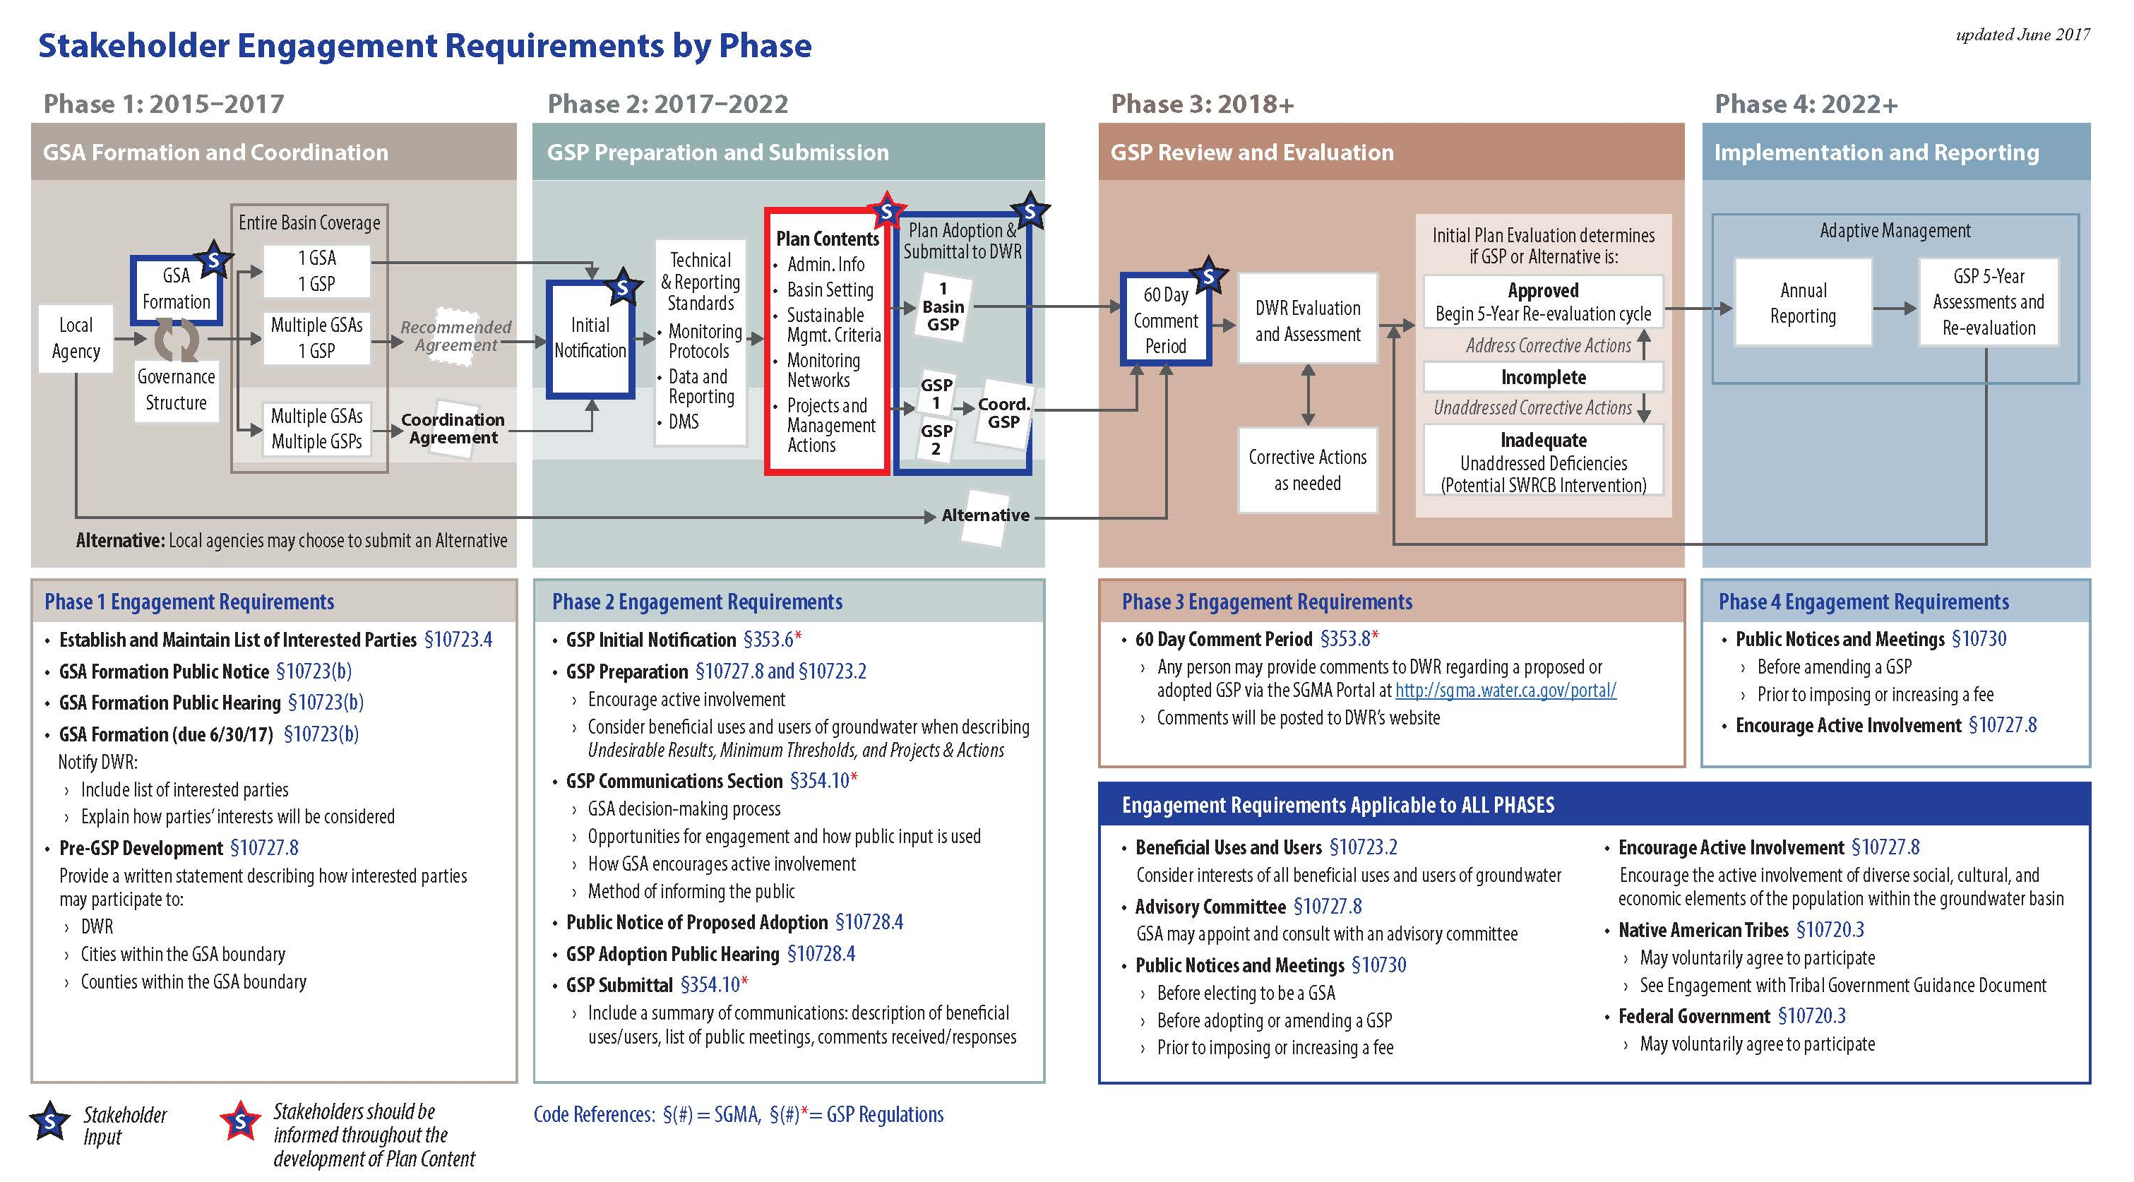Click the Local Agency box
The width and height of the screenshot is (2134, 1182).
pos(76,338)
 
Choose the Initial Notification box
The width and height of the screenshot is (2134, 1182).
pos(590,339)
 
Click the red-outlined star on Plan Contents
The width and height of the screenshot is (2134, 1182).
pos(886,211)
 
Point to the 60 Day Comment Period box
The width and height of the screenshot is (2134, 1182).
pos(1166,320)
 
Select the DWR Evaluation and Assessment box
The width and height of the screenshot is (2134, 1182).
pos(1307,320)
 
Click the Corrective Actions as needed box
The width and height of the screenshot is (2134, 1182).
pos(1307,470)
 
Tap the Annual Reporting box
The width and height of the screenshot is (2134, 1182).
pos(1803,302)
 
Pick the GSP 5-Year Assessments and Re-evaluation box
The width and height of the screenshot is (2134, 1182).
pos(1989,302)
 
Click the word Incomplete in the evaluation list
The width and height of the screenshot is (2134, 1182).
pos(1544,378)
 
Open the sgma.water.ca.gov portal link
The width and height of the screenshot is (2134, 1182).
pos(1506,690)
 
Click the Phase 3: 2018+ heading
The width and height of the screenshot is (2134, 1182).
pos(1202,104)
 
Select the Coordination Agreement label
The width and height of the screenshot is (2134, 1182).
pos(453,428)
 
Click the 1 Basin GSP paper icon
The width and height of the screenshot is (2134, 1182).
pos(943,307)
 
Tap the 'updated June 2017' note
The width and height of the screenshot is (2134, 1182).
pos(2022,35)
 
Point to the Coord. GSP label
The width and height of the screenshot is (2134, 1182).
pos(1004,413)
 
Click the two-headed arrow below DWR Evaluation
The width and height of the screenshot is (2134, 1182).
pos(1308,395)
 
